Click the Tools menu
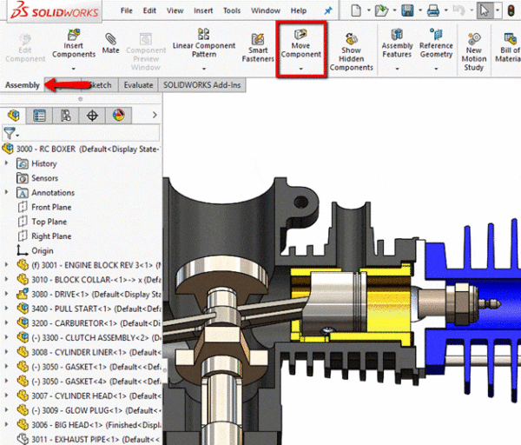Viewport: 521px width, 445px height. tap(231, 10)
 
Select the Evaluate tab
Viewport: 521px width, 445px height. tap(139, 85)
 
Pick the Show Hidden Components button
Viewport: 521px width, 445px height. tap(351, 52)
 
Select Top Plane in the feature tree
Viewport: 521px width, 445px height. tap(50, 222)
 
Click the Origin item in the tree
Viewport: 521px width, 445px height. tap(42, 250)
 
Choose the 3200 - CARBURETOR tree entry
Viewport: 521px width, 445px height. tap(87, 323)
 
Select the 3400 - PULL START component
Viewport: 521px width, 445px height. tap(87, 309)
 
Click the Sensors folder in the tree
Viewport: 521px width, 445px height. tap(46, 178)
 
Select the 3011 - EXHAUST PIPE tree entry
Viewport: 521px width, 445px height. tap(87, 439)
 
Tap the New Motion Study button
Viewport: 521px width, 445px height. tap(474, 52)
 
